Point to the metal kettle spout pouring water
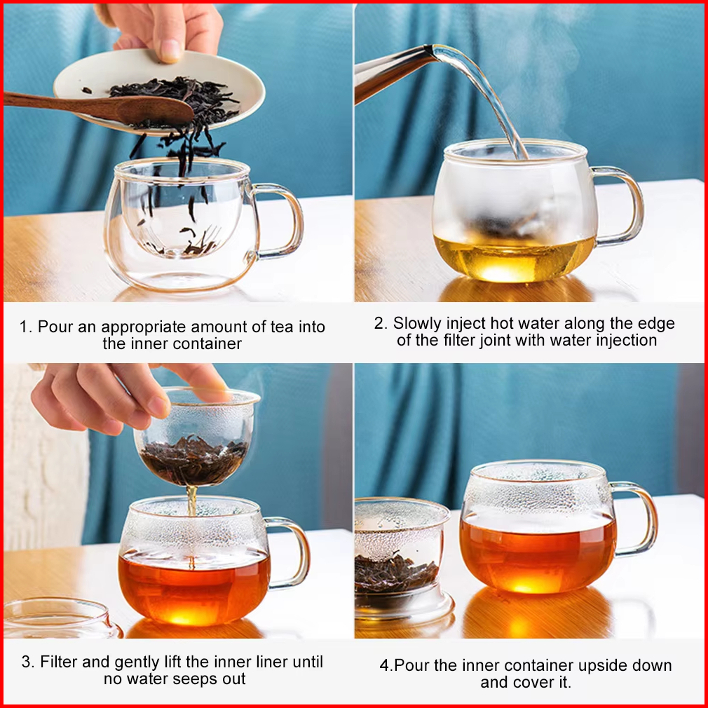point(393,72)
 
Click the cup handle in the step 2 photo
point(621,205)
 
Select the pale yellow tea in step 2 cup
point(514,257)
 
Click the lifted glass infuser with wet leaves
point(197,437)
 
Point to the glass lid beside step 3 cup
point(61,618)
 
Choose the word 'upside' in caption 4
point(602,665)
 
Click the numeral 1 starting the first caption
point(24,327)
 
